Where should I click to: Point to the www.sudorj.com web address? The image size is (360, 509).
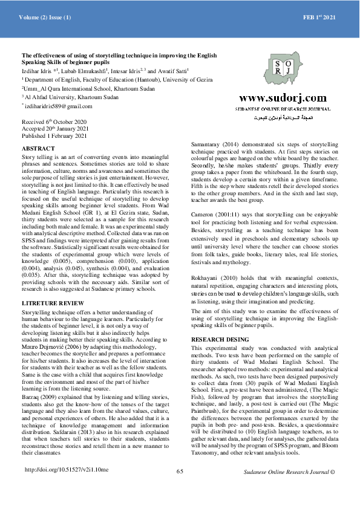pos(283,99)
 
